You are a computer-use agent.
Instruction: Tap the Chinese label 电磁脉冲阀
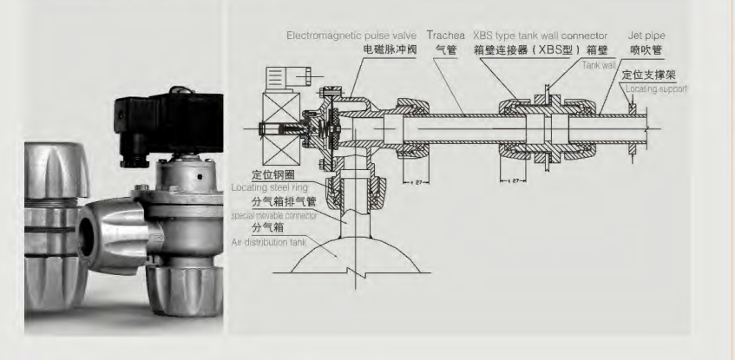390,51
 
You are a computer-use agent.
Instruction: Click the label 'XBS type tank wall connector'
540,36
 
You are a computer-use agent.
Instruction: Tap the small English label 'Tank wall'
599,65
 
